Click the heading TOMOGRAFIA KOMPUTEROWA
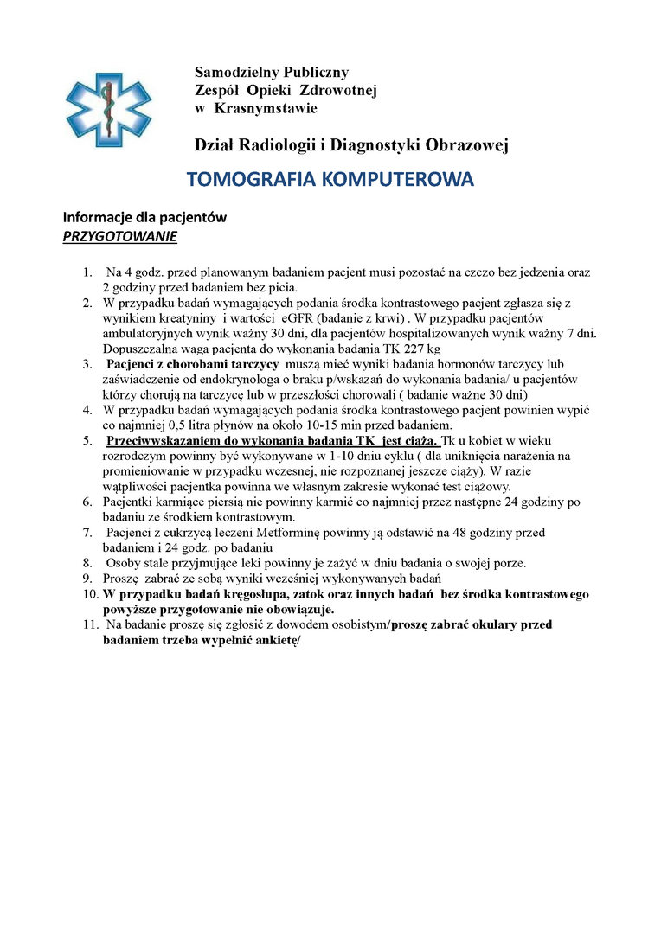coord(330,180)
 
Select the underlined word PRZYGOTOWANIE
coord(119,236)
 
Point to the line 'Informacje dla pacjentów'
coord(144,218)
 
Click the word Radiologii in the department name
coord(279,145)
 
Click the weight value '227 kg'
coord(420,349)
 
